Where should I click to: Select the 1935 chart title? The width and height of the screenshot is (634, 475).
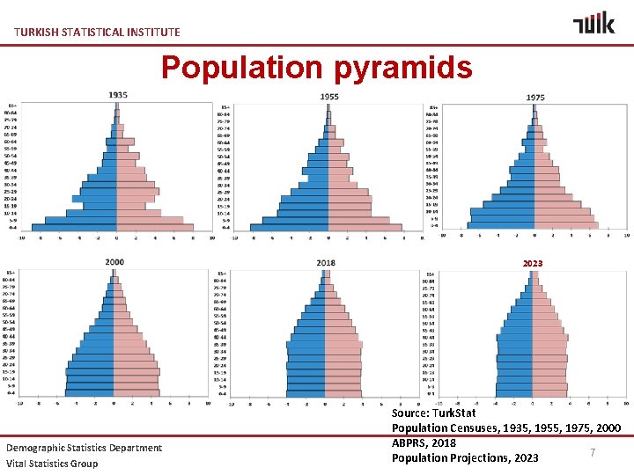tap(118, 95)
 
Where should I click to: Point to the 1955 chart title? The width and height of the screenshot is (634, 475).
tap(329, 96)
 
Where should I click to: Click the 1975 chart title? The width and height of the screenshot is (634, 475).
tap(534, 97)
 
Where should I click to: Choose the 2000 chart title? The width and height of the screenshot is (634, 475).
tap(114, 262)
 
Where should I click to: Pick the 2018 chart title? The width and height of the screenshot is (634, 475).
tap(327, 263)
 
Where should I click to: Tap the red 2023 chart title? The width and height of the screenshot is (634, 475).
tap(533, 263)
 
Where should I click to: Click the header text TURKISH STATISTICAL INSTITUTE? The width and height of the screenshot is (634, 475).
tap(97, 33)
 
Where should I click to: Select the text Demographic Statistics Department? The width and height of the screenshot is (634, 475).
tap(85, 448)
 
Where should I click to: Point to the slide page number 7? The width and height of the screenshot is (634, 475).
tap(593, 452)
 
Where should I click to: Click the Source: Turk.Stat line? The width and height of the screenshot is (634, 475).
tap(434, 413)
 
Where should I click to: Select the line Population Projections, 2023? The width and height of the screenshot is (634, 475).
tap(465, 457)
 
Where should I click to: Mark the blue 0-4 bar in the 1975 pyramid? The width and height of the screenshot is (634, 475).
tap(501, 225)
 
